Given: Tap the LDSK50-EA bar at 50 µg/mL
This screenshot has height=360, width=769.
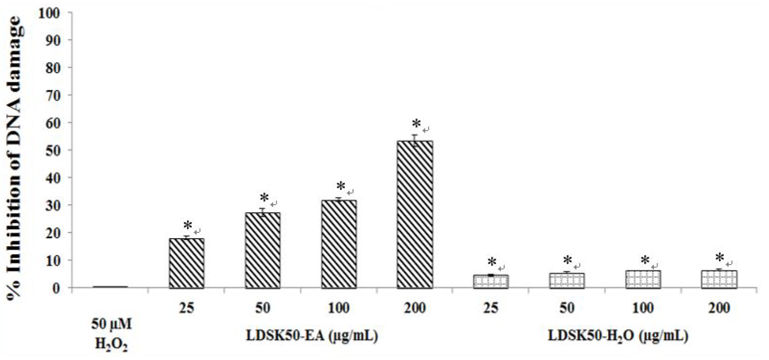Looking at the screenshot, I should point(263,250).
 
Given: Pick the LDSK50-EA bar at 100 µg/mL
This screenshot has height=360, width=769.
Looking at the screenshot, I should point(339,244).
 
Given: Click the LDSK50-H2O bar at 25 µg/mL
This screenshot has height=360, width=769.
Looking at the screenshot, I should point(490,282).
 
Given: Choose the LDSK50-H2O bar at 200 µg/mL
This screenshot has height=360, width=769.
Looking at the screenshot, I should point(719,279).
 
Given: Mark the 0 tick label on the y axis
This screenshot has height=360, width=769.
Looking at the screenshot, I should point(56,288).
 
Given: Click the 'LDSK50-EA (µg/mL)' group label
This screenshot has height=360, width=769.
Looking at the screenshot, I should point(312,336).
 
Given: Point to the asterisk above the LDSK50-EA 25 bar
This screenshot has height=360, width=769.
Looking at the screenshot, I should point(188,225).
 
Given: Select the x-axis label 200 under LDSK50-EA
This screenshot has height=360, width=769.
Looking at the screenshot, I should point(415,308).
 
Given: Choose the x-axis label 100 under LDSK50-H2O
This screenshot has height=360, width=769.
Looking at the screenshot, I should point(643,308).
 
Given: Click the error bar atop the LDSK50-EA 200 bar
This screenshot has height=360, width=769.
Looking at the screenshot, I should point(415,138).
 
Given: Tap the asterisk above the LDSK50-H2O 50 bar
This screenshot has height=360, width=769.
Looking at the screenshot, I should point(567,260).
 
